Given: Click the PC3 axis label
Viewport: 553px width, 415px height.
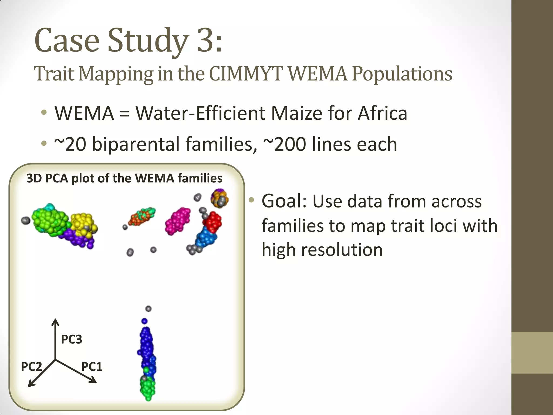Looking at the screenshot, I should click(72, 339).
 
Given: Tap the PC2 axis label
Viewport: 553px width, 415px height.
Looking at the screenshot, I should click(31, 367).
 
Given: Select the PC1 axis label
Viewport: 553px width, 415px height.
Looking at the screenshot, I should click(92, 367).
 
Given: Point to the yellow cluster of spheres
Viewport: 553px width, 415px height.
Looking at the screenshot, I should click(82, 223).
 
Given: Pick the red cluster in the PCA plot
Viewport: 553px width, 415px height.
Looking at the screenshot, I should click(213, 222).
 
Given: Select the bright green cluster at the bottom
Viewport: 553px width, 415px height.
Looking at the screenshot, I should click(148, 388).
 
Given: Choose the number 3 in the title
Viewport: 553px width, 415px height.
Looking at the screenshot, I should click(206, 41).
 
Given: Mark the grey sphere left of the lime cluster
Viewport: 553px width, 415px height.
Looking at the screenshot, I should click(26, 220).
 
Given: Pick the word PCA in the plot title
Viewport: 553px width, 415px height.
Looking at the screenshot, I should click(56, 178).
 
